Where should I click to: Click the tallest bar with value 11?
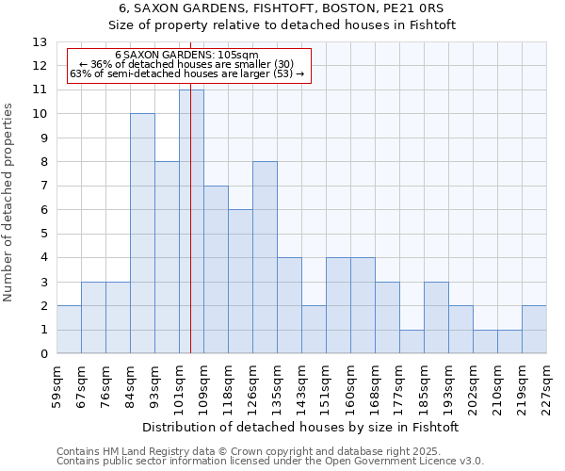pos(191,221)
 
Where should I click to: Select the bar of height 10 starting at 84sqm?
pos(142,234)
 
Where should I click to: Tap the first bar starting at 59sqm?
pos(69,330)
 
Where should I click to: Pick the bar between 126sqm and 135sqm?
pos(265,257)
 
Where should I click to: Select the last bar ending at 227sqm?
pos(534,330)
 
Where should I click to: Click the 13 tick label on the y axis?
pos(39,42)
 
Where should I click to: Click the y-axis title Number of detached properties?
pos(9,203)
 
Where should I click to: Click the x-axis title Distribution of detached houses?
pos(301,427)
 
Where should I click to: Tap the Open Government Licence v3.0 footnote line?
pos(270,461)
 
